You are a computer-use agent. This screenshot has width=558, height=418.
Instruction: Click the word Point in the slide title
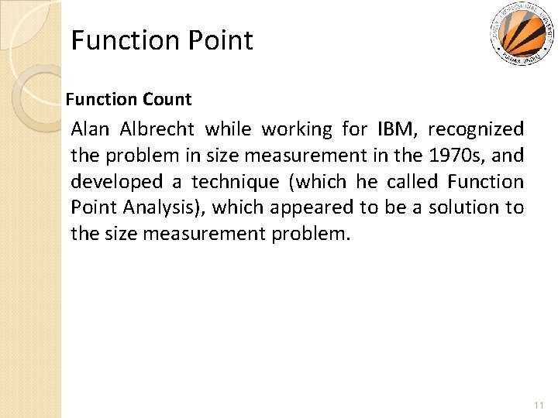pos(219,40)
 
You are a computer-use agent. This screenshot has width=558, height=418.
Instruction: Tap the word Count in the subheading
pos(167,99)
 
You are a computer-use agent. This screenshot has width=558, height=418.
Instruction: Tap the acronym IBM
pos(396,128)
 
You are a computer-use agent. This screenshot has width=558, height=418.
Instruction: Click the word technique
pos(238,181)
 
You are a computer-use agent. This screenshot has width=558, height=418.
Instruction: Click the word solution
pos(464,207)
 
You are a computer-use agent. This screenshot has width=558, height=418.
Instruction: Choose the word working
pos(295,128)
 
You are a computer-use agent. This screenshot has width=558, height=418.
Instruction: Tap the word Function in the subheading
pos(98,99)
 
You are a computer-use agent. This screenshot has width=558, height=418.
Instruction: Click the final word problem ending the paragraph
pos(311,234)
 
